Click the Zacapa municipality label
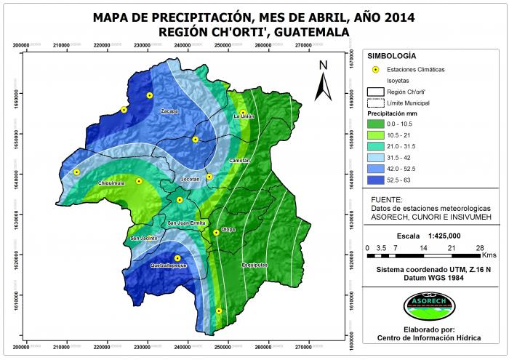click(169, 111)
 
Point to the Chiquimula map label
click(113, 183)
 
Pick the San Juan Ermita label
click(187, 223)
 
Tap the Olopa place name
click(228, 229)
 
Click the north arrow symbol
click(323, 81)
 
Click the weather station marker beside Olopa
click(216, 233)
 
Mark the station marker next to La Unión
click(243, 113)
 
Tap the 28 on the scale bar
click(481, 248)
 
